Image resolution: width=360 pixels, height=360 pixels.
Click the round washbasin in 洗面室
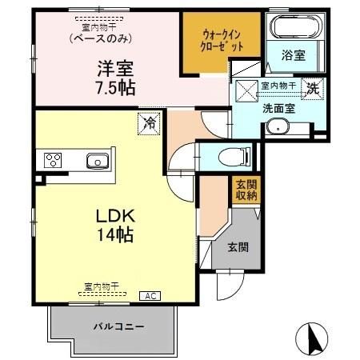point(278,126)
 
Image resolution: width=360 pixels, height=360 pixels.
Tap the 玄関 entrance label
point(237,246)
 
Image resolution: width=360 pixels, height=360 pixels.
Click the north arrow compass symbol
point(314,338)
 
